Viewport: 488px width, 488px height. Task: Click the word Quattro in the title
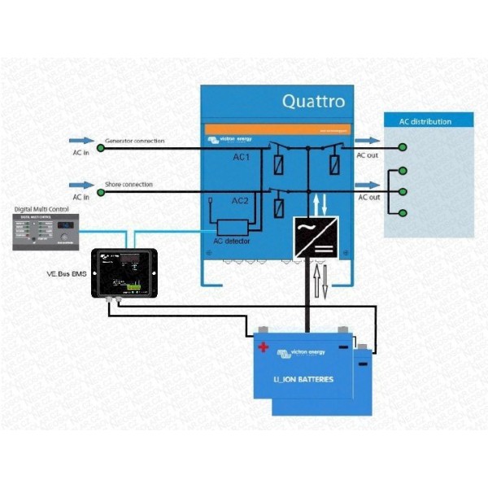[313, 102]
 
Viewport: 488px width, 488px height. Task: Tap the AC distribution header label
[425, 122]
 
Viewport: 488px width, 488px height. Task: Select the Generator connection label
[134, 142]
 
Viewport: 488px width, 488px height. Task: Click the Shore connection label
[129, 185]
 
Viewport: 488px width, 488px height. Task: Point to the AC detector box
[233, 228]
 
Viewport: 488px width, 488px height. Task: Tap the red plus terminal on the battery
[264, 346]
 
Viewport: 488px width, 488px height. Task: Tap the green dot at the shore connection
[100, 192]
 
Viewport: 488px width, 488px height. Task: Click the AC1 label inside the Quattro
[242, 156]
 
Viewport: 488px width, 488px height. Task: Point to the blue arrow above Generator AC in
[83, 141]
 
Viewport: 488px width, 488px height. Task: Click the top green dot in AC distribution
[403, 147]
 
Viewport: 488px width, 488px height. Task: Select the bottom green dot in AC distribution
[403, 213]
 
